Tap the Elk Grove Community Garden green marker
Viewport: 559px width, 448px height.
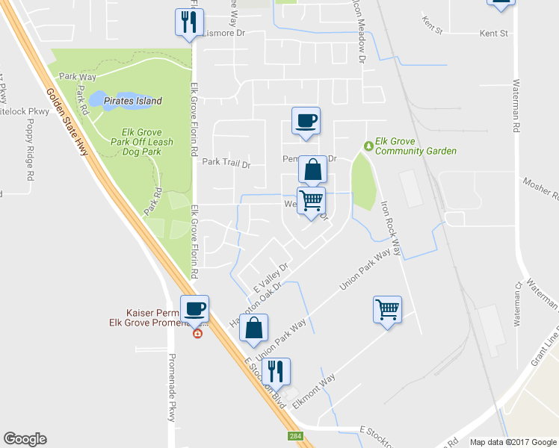click(367, 145)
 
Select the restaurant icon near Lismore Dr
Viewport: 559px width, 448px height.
click(188, 22)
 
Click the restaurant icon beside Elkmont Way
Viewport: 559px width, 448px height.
click(276, 371)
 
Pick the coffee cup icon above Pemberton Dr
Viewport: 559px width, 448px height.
click(305, 121)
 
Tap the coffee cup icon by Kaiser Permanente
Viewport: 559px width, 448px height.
click(194, 308)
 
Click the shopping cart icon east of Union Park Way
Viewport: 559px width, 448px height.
click(387, 308)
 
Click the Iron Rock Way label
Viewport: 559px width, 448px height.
click(391, 227)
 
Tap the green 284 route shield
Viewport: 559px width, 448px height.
click(296, 435)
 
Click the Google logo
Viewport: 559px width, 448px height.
click(25, 439)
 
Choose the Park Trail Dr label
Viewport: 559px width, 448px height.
click(226, 163)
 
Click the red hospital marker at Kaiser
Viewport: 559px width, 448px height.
click(197, 334)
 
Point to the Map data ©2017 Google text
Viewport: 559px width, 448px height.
click(513, 442)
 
